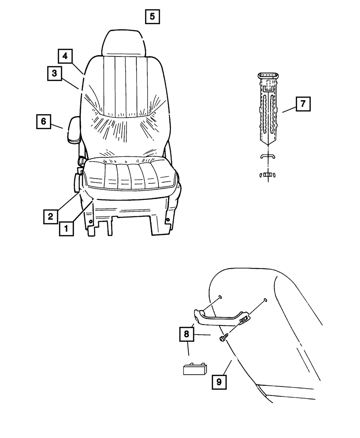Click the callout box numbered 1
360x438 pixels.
(x=67, y=228)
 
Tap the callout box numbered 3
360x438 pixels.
(x=54, y=73)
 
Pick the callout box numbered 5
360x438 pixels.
(x=152, y=17)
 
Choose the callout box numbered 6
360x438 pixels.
(x=43, y=121)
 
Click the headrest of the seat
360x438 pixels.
(x=125, y=43)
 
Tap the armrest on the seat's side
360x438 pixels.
(x=73, y=130)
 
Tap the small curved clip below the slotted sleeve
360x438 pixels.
(x=267, y=156)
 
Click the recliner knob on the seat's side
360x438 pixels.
(x=78, y=182)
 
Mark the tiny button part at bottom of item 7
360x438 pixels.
(x=267, y=175)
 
